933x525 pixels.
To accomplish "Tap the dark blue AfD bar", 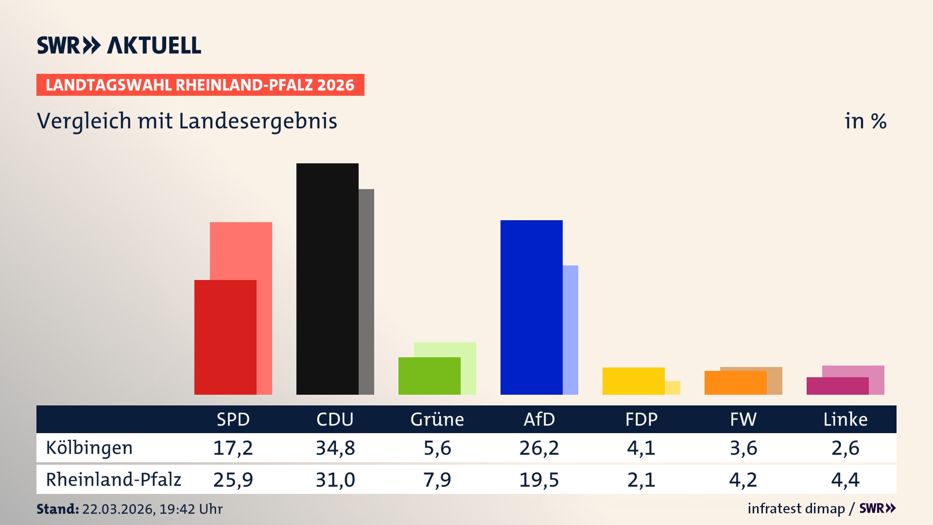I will click(x=531, y=307).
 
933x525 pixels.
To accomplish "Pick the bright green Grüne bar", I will click(x=429, y=376).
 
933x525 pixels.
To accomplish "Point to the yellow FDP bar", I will click(x=633, y=381).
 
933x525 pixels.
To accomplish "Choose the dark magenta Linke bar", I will click(x=837, y=386).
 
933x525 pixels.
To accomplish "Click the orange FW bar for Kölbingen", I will click(x=735, y=383).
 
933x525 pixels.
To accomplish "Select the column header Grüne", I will click(x=437, y=419).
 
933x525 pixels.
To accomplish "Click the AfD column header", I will click(x=539, y=419).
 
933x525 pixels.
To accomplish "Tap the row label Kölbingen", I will click(x=89, y=448).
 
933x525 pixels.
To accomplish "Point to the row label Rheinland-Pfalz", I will click(x=113, y=479).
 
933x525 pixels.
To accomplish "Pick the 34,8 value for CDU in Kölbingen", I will click(x=335, y=448).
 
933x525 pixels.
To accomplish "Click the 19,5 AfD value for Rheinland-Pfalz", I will click(x=539, y=480).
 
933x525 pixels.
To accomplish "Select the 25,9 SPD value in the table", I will click(x=233, y=480).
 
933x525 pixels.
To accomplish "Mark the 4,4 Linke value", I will click(x=845, y=480).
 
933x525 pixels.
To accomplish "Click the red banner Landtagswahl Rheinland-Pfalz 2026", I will click(x=200, y=85).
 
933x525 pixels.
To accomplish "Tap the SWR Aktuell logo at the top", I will click(x=119, y=45).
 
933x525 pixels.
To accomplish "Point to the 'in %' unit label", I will click(x=865, y=121).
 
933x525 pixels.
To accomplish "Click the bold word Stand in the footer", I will click(x=57, y=509).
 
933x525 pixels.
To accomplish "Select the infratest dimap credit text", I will click(x=796, y=508).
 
